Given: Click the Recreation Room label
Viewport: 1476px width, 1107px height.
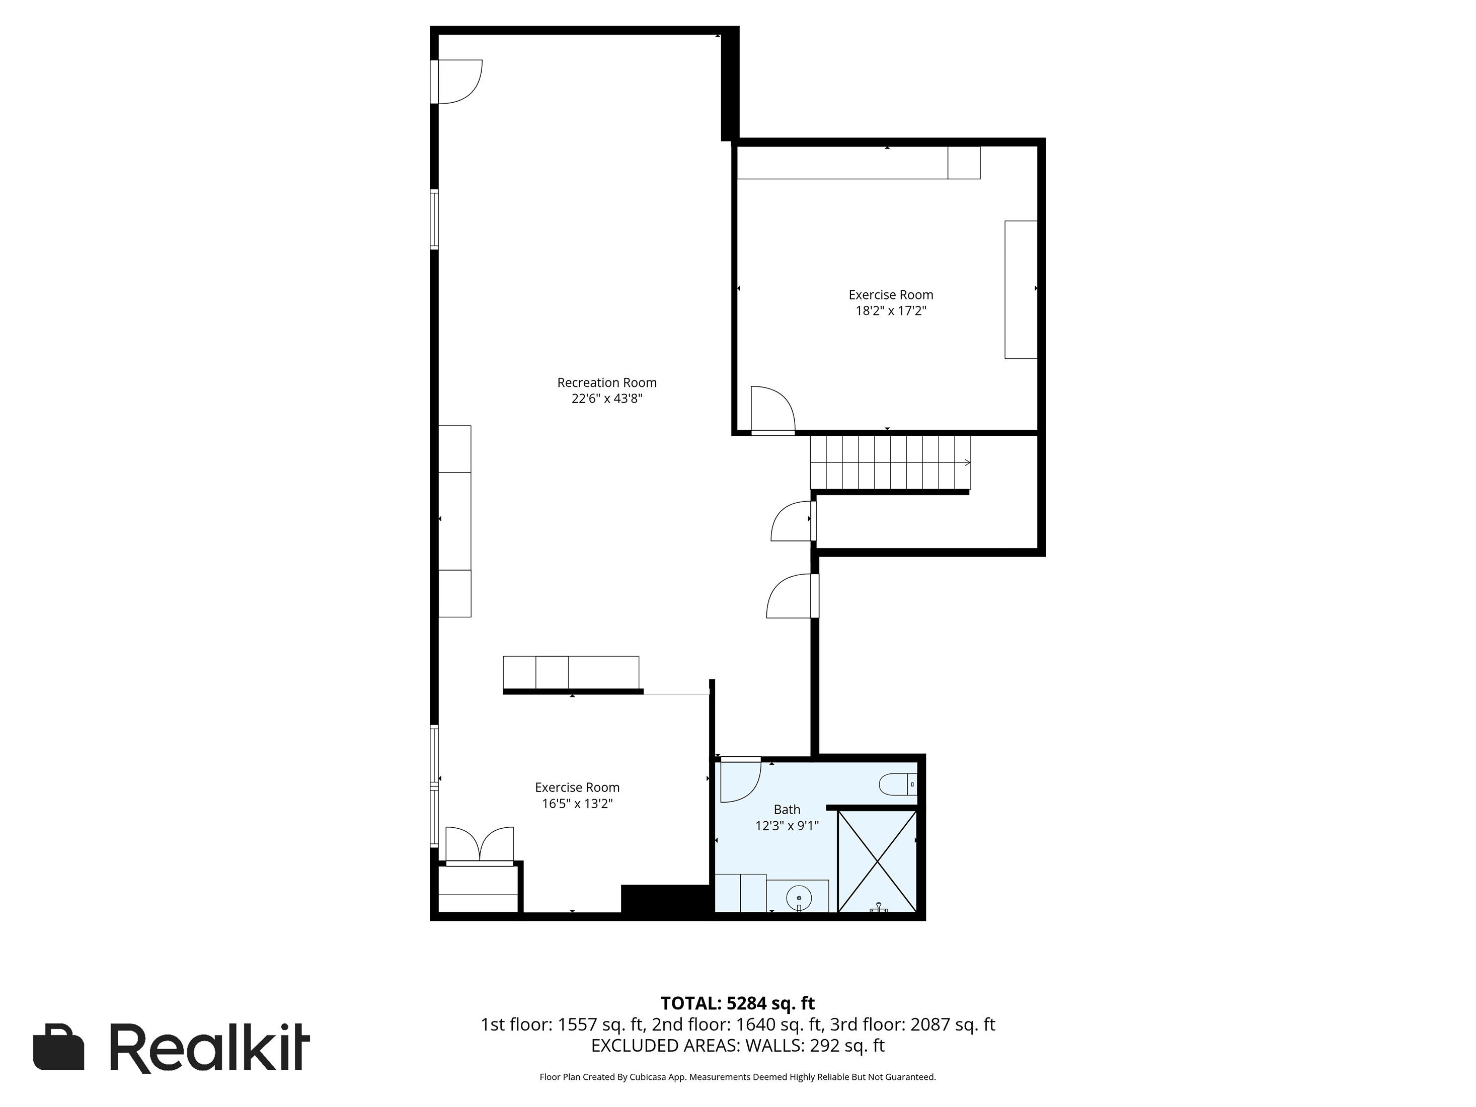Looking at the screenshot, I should (606, 382).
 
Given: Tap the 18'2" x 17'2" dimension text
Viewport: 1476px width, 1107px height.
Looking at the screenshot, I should (891, 311).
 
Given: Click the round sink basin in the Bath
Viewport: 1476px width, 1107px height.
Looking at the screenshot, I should (799, 898).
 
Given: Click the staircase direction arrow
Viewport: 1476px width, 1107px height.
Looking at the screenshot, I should (966, 462).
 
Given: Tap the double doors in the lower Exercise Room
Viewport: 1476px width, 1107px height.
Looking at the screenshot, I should (479, 845).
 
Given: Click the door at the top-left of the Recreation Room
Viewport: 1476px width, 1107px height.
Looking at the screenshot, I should (459, 82).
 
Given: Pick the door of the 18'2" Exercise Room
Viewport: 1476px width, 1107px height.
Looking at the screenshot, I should (772, 411).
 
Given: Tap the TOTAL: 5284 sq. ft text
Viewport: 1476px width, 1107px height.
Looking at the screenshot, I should (737, 1003).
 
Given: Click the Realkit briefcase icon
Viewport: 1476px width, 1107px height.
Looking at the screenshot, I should (59, 1046).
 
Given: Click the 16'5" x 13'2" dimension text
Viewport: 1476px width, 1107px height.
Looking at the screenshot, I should (577, 804).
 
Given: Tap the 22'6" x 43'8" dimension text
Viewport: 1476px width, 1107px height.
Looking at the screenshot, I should (606, 399).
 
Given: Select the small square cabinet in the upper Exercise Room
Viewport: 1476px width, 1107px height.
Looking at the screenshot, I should (964, 163).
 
